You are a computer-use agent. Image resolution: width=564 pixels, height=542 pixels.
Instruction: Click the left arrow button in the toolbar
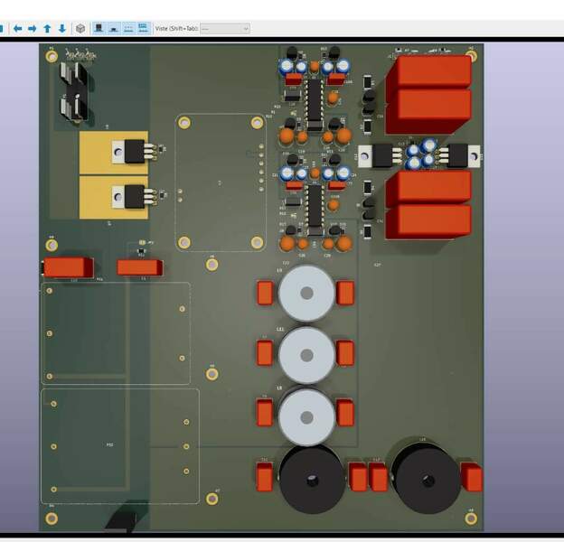(x=16, y=28)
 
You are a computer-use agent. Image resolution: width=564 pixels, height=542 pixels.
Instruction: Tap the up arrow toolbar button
(x=47, y=28)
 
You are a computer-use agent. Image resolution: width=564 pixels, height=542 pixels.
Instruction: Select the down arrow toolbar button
(x=61, y=28)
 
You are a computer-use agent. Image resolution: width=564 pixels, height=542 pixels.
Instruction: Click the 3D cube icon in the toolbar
(x=80, y=28)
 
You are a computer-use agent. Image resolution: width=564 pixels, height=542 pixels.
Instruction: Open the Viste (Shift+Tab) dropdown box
(x=224, y=28)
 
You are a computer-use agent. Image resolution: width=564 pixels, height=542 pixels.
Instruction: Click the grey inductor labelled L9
(x=307, y=294)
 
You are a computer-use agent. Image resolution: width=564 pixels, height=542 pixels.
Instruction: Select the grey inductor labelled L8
(x=307, y=416)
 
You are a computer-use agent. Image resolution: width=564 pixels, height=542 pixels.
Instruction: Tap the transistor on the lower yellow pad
(x=132, y=195)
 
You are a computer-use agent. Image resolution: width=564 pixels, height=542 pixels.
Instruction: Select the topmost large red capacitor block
(x=430, y=71)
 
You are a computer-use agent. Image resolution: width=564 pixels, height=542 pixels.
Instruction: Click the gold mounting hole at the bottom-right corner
(x=471, y=518)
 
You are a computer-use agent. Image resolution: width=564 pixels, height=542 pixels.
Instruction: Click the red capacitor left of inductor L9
(x=265, y=294)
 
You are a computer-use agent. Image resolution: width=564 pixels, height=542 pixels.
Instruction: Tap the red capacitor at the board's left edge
(x=67, y=266)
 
